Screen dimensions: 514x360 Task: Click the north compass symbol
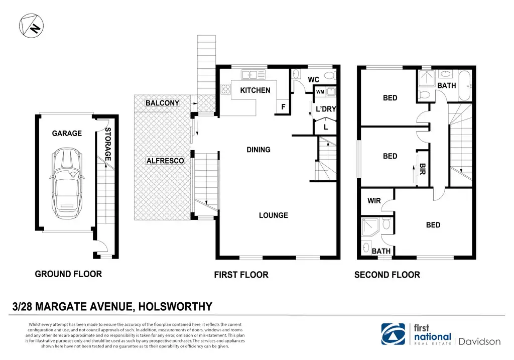pos(31,26)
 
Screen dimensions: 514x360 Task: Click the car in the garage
pos(67,183)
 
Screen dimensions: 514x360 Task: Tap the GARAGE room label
pos(67,133)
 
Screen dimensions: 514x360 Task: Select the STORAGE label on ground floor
pos(108,144)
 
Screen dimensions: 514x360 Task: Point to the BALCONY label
pos(162,103)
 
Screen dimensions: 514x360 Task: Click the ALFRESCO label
pos(165,161)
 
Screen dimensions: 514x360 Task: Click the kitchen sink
pos(253,75)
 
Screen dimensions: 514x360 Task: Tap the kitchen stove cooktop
pos(226,89)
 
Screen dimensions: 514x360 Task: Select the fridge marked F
pos(284,107)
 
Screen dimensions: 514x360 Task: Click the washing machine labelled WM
pos(320,92)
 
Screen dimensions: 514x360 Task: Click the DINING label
pos(259,150)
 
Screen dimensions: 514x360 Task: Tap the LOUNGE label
pos(274,215)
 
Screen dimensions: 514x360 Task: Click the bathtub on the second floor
pos(464,85)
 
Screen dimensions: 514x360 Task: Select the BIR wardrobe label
pos(423,169)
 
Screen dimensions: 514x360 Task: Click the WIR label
pos(374,200)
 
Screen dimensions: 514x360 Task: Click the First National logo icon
pos(393,334)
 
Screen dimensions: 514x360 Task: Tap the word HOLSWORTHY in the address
pos(175,307)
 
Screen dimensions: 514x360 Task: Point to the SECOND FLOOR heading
pos(387,275)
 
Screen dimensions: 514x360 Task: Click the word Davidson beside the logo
pos(479,341)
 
